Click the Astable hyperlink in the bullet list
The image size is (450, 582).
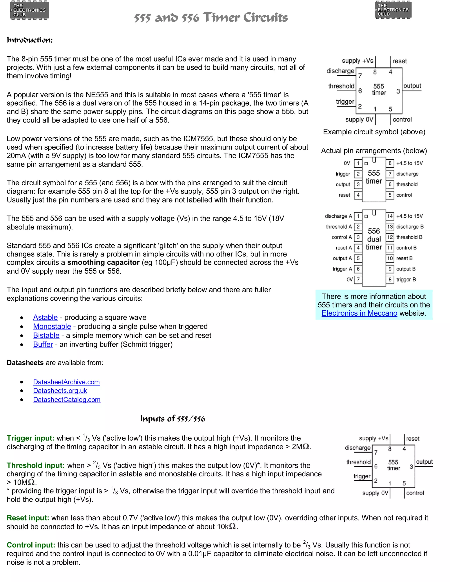pos(45,317)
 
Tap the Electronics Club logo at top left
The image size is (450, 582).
pos(29,10)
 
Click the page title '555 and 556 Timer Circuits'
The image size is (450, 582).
pos(210,18)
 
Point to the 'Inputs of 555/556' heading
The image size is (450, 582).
pos(172,419)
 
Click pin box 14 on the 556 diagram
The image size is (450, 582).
pos(390,216)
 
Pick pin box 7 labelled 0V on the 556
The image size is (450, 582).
pos(358,280)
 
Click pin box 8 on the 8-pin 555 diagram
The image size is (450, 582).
pos(390,163)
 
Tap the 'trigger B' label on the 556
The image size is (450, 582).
pos(406,280)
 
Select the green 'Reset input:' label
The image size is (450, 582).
pos(28,518)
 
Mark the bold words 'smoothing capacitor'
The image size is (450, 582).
pos(103,262)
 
